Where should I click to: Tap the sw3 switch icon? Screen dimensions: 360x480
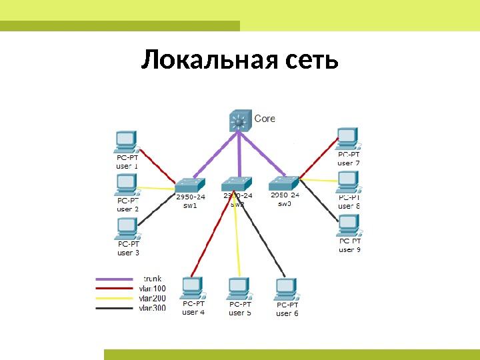pyautogui.click(x=285, y=183)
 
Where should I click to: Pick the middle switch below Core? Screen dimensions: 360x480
pyautogui.click(x=237, y=183)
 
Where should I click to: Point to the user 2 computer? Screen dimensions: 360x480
pyautogui.click(x=126, y=184)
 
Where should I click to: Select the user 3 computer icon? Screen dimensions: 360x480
pyautogui.click(x=126, y=229)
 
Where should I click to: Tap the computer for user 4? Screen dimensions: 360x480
pyautogui.click(x=192, y=288)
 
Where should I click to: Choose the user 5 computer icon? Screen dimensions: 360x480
pyautogui.click(x=239, y=289)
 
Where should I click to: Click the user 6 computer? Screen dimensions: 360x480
pyautogui.click(x=286, y=289)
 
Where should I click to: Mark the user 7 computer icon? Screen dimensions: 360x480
pyautogui.click(x=348, y=139)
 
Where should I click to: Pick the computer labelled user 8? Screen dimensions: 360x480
pyautogui.click(x=348, y=181)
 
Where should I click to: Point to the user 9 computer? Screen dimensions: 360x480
pyautogui.click(x=349, y=225)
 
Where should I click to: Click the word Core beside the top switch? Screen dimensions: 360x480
pyautogui.click(x=265, y=119)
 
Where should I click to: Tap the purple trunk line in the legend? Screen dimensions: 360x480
pyautogui.click(x=114, y=279)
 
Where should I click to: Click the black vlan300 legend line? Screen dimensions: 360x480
pyautogui.click(x=114, y=308)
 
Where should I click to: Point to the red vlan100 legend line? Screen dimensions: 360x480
pyautogui.click(x=114, y=289)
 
